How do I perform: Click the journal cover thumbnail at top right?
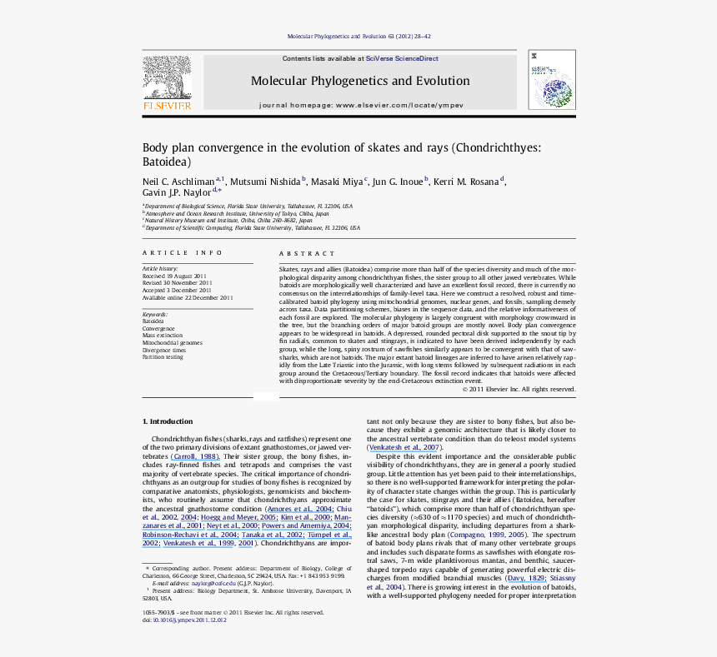(x=551, y=79)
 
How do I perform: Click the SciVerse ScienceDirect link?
(x=403, y=59)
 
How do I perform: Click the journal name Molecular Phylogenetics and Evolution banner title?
(x=360, y=82)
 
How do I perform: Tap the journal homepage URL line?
(x=361, y=106)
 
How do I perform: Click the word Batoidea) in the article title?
(x=167, y=162)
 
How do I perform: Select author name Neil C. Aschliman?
(x=178, y=182)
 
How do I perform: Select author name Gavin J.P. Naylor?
(x=177, y=193)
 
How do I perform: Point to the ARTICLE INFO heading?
(x=183, y=253)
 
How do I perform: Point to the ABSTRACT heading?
(x=307, y=253)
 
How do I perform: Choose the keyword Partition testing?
(x=163, y=357)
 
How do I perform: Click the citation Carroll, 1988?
(x=195, y=456)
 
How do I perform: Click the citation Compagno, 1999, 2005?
(x=494, y=534)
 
